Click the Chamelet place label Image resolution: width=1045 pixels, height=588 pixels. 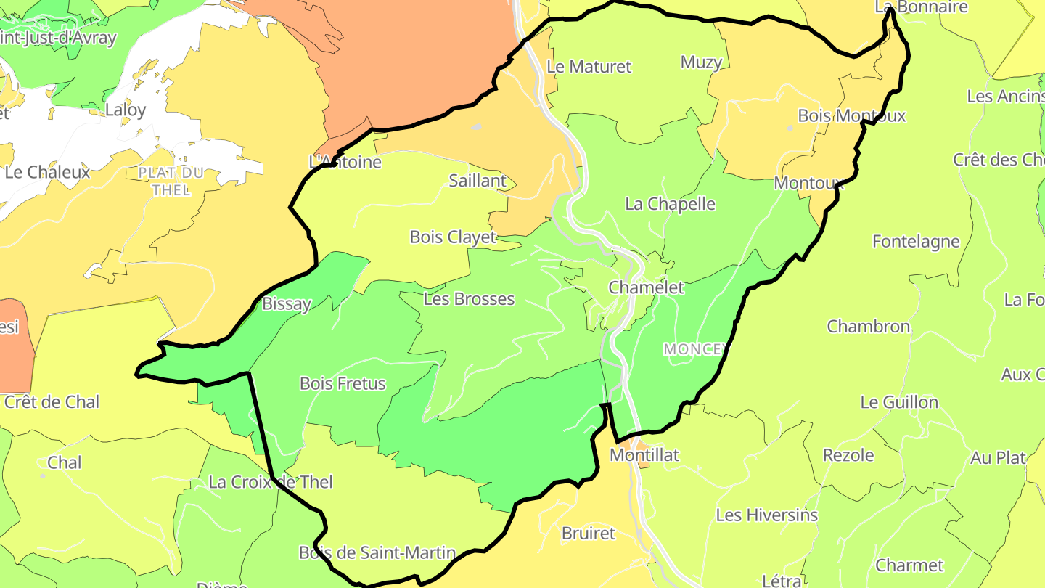point(646,287)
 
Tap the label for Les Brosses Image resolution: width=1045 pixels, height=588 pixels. point(469,299)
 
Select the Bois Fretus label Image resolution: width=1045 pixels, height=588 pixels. point(343,383)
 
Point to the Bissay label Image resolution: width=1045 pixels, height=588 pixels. point(286,304)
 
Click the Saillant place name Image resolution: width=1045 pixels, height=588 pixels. point(478,181)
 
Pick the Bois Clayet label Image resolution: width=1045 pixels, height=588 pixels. point(453,237)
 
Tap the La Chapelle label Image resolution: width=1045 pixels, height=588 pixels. point(670,204)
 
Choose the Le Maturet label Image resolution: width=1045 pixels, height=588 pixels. point(589,67)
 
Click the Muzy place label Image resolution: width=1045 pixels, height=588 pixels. point(701,62)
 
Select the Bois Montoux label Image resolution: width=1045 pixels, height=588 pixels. point(851,115)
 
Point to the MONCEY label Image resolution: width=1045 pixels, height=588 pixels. point(694,349)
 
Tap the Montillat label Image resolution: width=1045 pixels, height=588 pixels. point(644,455)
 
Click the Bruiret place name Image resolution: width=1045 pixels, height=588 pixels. point(588,534)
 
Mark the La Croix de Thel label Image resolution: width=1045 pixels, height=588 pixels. point(271,482)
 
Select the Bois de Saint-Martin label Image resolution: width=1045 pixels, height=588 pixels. point(377,553)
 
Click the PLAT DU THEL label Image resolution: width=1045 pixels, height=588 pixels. point(171,181)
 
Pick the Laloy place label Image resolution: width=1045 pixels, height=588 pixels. point(126,110)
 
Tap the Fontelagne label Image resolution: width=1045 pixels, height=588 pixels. point(916,242)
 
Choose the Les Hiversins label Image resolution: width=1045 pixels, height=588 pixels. point(766,515)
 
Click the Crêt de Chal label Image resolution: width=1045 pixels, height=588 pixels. point(52,402)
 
